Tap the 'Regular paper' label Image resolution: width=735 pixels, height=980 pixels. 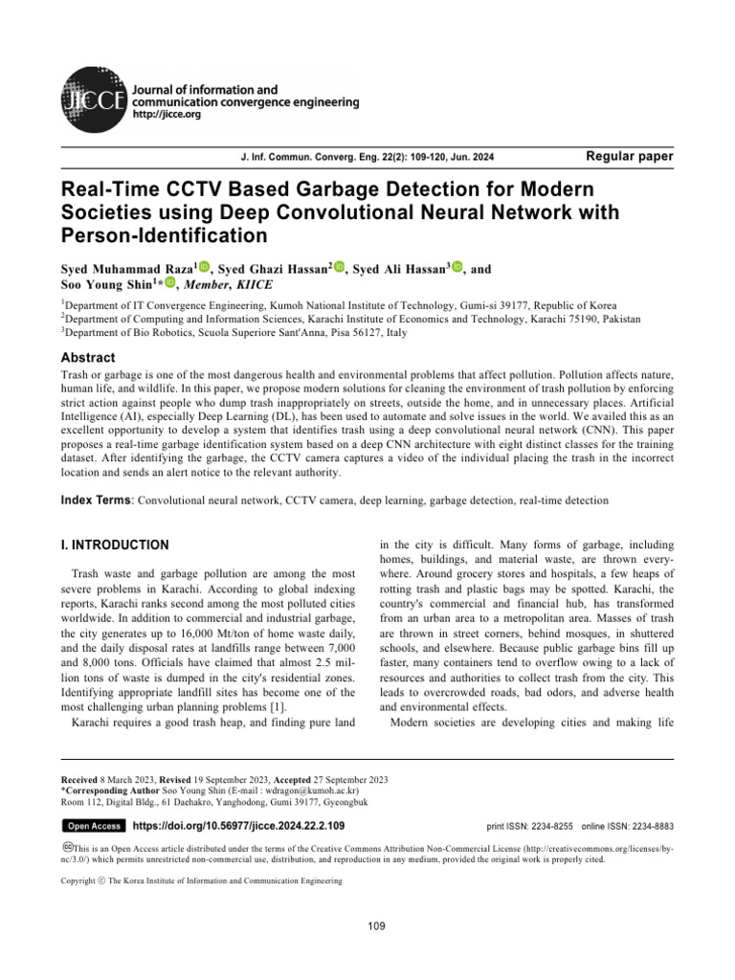pyautogui.click(x=628, y=156)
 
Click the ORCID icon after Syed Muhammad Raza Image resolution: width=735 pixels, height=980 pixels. pyautogui.click(x=204, y=269)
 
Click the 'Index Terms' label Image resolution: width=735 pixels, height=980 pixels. pyautogui.click(x=97, y=500)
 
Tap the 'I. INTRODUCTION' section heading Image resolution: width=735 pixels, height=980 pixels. pyautogui.click(x=115, y=545)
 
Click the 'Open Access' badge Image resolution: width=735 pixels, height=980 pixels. pyautogui.click(x=93, y=826)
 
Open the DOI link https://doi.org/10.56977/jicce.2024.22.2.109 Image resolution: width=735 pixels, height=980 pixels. pyautogui.click(x=237, y=825)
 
